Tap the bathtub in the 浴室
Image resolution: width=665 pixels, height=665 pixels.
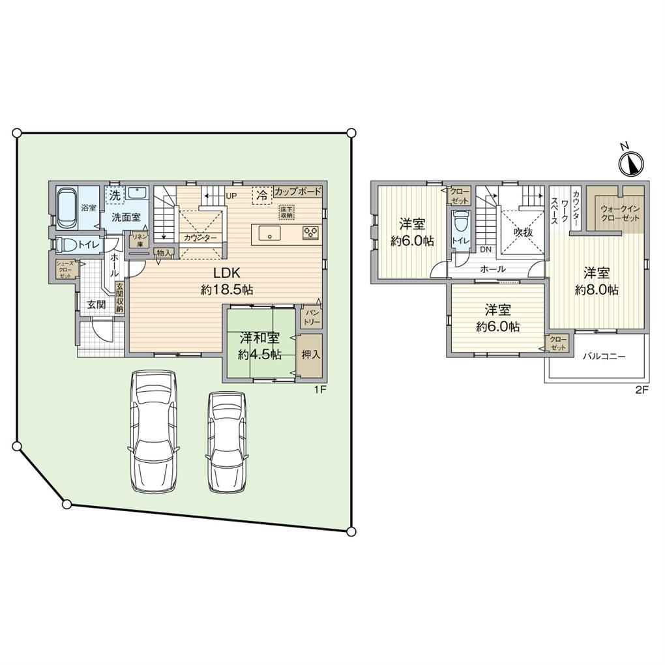[66, 207]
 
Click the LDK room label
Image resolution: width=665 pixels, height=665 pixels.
[218, 274]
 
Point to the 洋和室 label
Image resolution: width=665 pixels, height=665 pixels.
[259, 338]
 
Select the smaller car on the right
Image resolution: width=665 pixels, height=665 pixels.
[226, 442]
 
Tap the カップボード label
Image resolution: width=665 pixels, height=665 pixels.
[297, 192]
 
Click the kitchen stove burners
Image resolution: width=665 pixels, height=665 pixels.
[310, 233]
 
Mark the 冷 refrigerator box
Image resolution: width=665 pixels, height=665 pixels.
[261, 194]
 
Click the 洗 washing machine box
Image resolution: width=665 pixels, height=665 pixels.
[114, 194]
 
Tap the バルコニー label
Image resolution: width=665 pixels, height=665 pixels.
[603, 357]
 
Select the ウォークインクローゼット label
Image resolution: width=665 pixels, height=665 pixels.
[620, 213]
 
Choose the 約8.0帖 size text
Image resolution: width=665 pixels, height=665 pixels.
[597, 290]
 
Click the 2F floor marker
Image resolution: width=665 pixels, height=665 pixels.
[642, 391]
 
